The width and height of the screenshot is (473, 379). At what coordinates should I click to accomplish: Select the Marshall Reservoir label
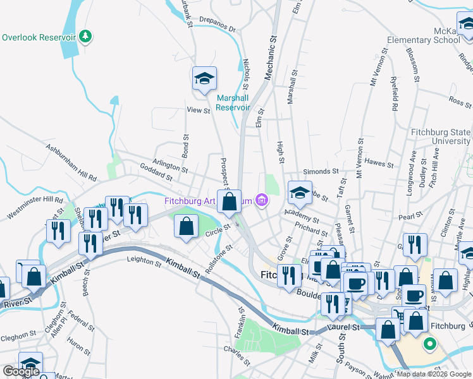(233, 102)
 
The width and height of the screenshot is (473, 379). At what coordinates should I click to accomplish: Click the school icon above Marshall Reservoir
(204, 79)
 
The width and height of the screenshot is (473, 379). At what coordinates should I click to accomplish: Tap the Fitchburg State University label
(441, 136)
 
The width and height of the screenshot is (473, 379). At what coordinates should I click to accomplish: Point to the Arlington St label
(169, 165)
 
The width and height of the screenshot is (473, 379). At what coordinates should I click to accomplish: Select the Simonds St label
(317, 171)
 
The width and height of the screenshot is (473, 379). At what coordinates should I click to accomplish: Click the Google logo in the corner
(21, 371)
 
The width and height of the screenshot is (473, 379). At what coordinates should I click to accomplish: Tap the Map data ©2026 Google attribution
(434, 374)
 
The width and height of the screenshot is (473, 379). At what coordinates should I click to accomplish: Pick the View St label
(198, 111)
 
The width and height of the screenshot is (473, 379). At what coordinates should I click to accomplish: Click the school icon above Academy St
(300, 193)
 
